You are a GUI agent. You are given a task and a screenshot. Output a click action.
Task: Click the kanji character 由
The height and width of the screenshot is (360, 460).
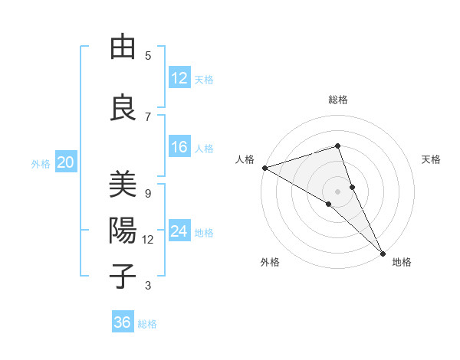coord(123,48)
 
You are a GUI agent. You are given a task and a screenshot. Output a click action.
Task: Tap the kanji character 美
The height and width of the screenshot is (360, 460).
coord(123,186)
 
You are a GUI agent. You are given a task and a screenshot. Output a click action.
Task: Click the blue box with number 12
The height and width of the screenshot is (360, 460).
coord(179,78)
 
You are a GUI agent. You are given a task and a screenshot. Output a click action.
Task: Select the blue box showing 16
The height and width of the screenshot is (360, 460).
coord(179,148)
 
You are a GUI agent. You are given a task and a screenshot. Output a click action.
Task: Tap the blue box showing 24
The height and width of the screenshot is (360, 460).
coord(179,231)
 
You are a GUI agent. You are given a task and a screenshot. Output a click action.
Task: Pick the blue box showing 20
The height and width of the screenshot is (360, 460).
coord(66,162)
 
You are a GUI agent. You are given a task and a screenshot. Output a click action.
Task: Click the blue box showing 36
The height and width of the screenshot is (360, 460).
coord(123,322)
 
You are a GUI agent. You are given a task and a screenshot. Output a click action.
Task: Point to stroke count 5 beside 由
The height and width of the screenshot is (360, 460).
coord(148,56)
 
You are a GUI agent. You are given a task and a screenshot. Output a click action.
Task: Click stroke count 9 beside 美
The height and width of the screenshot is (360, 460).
coord(148,194)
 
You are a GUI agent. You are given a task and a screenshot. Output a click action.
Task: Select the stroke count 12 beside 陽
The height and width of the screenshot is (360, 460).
coord(148,240)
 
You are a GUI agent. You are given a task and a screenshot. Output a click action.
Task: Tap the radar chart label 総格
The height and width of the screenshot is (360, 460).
coord(338,100)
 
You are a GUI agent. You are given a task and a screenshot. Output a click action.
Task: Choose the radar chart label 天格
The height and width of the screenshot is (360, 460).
coord(432,159)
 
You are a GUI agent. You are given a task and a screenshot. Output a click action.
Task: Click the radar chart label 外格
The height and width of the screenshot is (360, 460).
coord(270,263)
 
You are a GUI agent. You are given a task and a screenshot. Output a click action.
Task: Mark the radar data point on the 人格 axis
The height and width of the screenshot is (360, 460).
coord(264,167)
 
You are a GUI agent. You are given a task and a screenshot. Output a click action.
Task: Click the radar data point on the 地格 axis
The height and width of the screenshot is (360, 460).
coord(383,252)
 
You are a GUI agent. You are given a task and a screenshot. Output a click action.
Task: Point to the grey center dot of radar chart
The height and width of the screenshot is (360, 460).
coord(337,191)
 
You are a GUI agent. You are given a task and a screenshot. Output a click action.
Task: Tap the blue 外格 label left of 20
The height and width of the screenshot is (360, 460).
coord(41,163)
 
